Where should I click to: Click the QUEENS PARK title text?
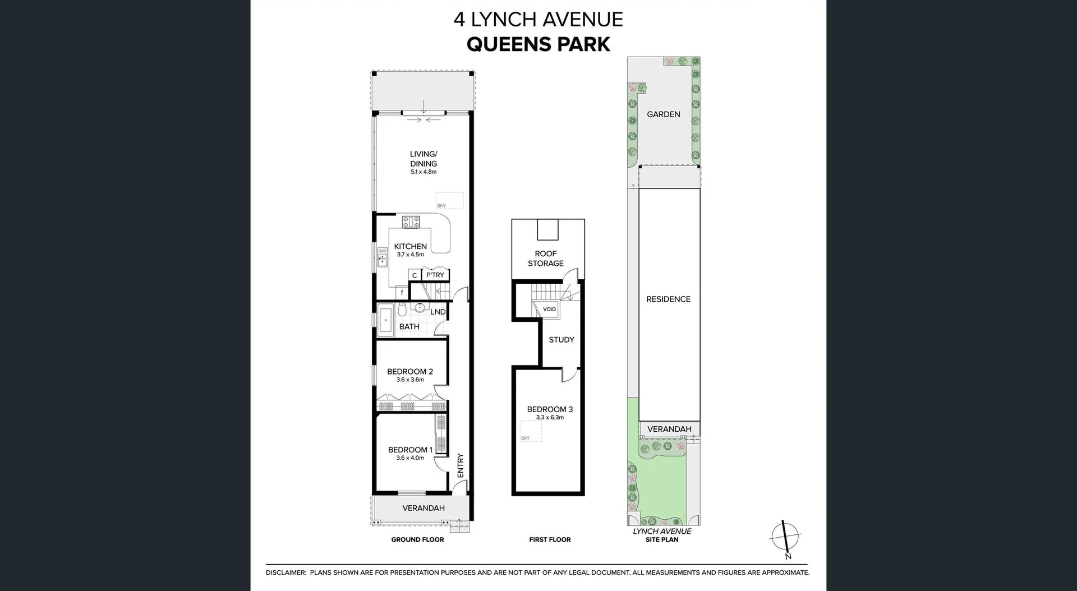click(x=538, y=44)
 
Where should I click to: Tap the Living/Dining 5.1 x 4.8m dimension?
click(x=424, y=172)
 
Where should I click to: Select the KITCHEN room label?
click(x=410, y=246)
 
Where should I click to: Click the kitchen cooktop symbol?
click(x=411, y=222)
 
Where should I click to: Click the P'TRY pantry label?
click(x=435, y=275)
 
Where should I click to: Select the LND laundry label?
click(x=438, y=312)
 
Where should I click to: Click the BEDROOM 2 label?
click(x=409, y=371)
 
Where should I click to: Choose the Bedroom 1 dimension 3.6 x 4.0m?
click(x=410, y=458)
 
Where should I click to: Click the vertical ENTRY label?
click(x=461, y=465)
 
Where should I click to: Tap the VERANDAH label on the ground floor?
click(x=424, y=508)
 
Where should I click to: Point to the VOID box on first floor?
click(x=549, y=309)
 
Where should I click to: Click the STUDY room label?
click(x=561, y=340)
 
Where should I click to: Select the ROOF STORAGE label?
click(x=545, y=258)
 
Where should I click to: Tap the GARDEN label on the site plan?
click(x=663, y=114)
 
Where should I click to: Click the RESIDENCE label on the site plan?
click(x=668, y=299)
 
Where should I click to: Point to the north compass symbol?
click(x=785, y=537)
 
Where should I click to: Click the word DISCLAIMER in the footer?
click(x=286, y=573)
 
